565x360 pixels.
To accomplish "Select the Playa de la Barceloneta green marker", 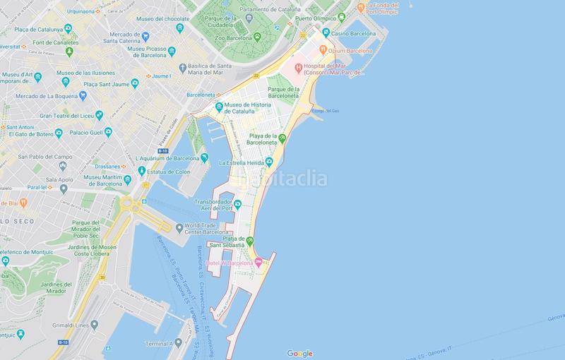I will [x=282, y=139].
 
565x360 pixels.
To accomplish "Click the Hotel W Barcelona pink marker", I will [x=258, y=263].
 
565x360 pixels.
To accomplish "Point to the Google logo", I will [x=300, y=354].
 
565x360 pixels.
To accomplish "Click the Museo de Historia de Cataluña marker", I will [x=220, y=107].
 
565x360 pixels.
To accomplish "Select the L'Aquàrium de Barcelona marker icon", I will [x=204, y=157].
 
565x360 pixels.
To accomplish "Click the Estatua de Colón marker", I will [x=142, y=171].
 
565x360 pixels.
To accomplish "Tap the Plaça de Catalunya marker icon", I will [x=68, y=28].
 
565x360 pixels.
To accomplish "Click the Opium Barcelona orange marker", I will [x=323, y=50].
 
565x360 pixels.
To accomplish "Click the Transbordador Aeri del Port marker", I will [x=238, y=205].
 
